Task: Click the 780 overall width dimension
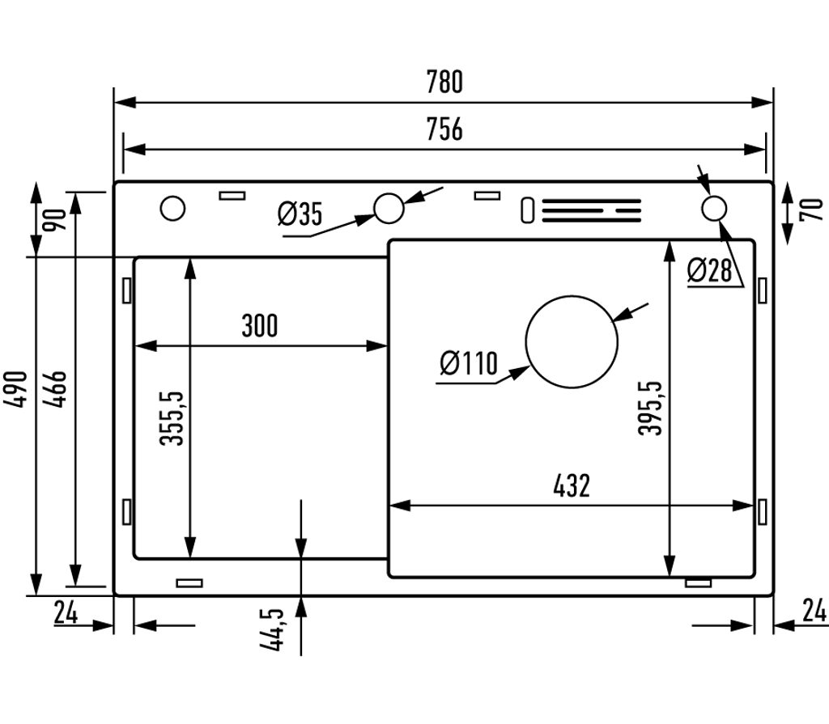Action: (x=444, y=82)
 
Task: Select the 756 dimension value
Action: (x=444, y=129)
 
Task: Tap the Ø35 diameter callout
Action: (x=300, y=214)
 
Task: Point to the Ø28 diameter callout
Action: (x=709, y=270)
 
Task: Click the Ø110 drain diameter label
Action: (x=469, y=363)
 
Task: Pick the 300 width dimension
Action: (x=260, y=325)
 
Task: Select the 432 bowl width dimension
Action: (x=572, y=485)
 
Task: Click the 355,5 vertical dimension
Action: (x=172, y=418)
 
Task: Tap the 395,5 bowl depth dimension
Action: (x=650, y=408)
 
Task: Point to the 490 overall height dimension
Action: (x=15, y=389)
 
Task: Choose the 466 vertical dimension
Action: (x=55, y=389)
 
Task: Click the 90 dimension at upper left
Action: (x=55, y=220)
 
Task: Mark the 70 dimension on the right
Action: (x=812, y=210)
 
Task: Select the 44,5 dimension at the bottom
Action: (x=272, y=629)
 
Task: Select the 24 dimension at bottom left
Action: (x=66, y=613)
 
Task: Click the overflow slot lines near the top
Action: (x=591, y=210)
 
